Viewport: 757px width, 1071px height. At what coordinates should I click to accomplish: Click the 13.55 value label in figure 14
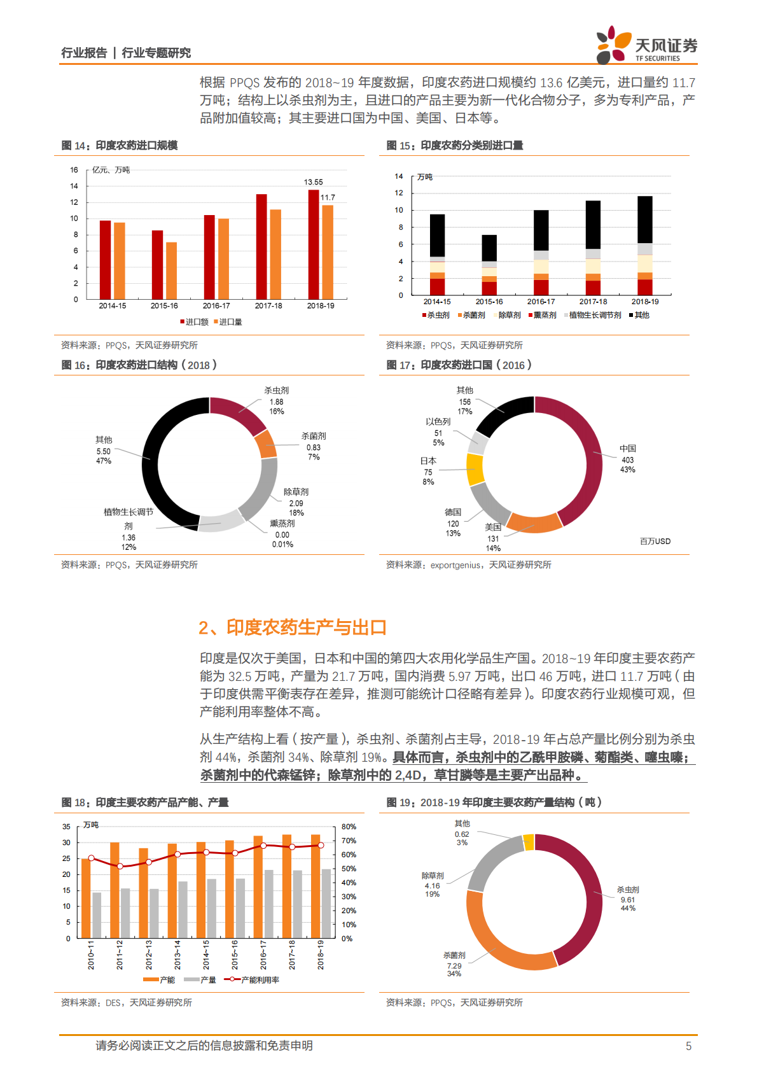tap(313, 182)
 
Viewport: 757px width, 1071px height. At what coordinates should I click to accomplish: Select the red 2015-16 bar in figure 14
tap(157, 265)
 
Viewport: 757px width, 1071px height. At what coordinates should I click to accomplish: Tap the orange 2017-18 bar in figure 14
tap(275, 254)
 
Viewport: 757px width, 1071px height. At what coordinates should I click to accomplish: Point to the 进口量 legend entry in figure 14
tap(228, 322)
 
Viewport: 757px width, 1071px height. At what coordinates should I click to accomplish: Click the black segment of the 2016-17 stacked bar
tap(541, 230)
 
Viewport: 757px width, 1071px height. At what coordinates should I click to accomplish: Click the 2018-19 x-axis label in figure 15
tap(645, 302)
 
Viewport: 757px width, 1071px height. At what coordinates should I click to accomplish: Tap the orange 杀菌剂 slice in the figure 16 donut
tap(267, 444)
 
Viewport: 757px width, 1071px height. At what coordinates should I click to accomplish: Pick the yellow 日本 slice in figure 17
tap(475, 470)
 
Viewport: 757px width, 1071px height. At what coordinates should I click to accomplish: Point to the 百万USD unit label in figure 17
tap(655, 542)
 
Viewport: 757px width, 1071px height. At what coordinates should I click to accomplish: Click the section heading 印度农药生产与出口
tap(306, 627)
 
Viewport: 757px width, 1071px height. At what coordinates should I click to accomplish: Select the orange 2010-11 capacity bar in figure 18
tap(86, 898)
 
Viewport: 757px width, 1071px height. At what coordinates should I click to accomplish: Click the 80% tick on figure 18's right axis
tap(349, 827)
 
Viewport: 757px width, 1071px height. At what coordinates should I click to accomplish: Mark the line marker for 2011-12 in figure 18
tap(120, 866)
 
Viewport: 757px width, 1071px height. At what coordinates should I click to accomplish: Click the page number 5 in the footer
tap(688, 1046)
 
